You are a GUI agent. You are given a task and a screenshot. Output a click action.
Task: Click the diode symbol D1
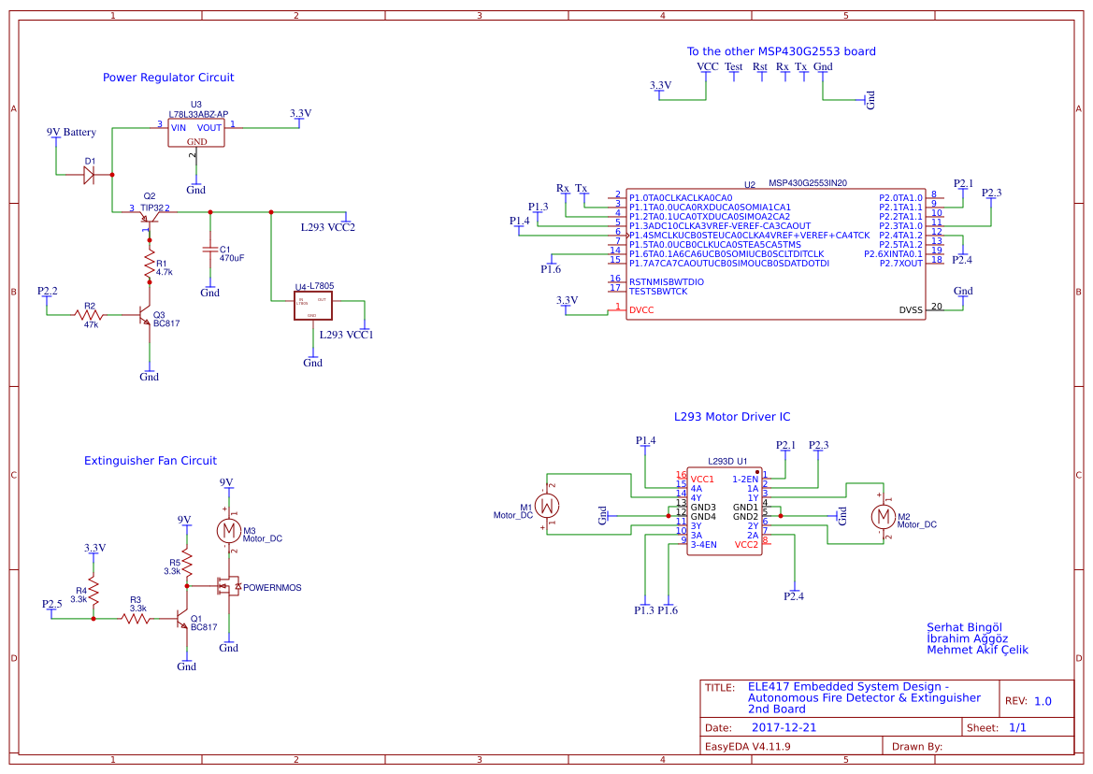click(x=90, y=175)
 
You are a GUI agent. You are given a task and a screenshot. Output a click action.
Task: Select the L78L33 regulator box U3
click(x=196, y=132)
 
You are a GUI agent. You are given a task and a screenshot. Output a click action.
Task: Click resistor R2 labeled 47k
click(x=91, y=315)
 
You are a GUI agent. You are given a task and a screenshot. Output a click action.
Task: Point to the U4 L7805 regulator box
click(x=312, y=307)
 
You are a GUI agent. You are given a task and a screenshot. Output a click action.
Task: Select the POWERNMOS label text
click(x=272, y=587)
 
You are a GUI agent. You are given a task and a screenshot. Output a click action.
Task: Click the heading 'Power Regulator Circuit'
click(x=168, y=78)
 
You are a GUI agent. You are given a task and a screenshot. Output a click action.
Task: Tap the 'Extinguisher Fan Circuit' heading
click(x=151, y=461)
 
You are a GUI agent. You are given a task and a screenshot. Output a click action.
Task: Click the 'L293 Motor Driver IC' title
click(x=732, y=417)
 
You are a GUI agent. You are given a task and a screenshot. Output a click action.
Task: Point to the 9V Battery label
click(x=71, y=133)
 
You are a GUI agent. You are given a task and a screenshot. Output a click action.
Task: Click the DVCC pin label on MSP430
click(x=641, y=309)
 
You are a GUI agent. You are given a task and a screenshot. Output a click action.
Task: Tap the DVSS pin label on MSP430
click(x=910, y=309)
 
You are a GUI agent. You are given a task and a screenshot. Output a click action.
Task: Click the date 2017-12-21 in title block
click(x=784, y=727)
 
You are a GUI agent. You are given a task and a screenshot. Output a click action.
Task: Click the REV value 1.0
click(x=1042, y=701)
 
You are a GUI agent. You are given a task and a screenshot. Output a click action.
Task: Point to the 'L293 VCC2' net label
click(x=327, y=227)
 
